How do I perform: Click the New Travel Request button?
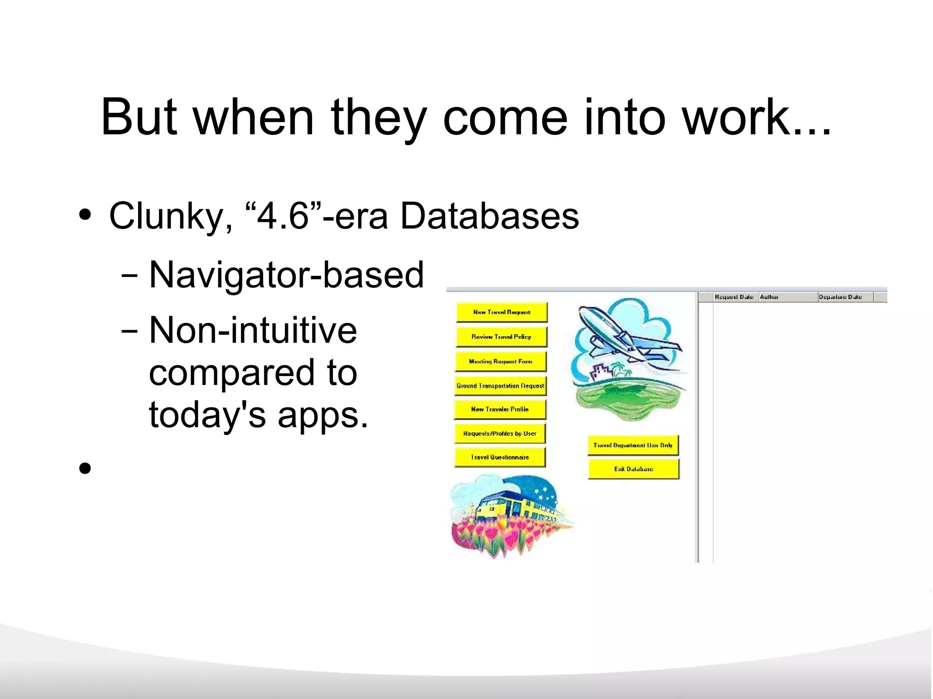[502, 312]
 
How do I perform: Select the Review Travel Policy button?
[501, 337]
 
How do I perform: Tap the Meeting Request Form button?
[501, 362]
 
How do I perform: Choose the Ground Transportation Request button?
[500, 386]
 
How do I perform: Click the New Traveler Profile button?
[500, 409]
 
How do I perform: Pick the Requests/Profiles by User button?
[500, 434]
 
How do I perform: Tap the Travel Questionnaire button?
[500, 457]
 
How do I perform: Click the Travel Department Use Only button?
[633, 445]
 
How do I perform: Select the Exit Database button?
[633, 469]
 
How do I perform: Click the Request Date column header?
[734, 297]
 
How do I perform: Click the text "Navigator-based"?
[287, 275]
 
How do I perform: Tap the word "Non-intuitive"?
[253, 330]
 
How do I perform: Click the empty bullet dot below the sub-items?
[85, 468]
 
